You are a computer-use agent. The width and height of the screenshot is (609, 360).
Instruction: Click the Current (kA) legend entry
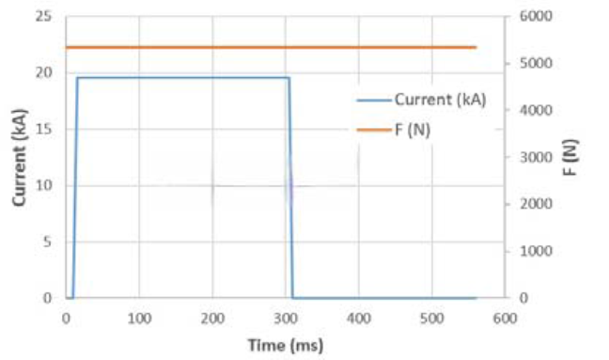tap(421, 101)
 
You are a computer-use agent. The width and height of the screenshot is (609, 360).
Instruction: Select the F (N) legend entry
tap(394, 130)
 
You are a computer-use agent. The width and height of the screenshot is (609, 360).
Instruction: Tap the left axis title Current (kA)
tap(20, 157)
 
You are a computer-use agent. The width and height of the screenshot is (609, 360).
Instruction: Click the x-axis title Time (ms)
tap(286, 345)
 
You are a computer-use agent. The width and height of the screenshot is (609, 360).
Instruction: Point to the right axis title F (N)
tap(570, 157)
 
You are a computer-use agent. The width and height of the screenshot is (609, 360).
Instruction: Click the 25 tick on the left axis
tap(43, 16)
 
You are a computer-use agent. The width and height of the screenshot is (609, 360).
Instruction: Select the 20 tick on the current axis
tap(43, 72)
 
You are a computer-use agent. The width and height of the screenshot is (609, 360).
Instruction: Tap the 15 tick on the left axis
tap(43, 129)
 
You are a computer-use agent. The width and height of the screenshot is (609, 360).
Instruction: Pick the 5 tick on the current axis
tap(47, 242)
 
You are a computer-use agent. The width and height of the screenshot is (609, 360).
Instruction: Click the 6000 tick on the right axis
tap(536, 16)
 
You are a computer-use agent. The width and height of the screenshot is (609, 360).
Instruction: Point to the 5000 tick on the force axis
tap(536, 63)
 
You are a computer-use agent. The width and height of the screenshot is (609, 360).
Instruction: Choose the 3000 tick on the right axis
tap(536, 157)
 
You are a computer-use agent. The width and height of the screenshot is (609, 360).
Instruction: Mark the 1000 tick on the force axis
tap(536, 251)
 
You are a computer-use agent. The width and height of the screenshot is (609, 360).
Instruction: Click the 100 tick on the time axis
tap(139, 319)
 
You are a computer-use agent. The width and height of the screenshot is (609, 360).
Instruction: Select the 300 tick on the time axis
tap(286, 319)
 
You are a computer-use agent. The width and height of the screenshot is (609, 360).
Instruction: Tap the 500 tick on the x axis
tap(432, 319)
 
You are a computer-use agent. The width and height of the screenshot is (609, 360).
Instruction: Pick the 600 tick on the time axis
tap(505, 319)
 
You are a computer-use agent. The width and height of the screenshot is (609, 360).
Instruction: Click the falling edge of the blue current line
tap(291, 188)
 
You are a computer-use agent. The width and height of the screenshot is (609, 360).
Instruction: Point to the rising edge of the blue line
tap(75, 188)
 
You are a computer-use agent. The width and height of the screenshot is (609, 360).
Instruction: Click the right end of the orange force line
tap(476, 47)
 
